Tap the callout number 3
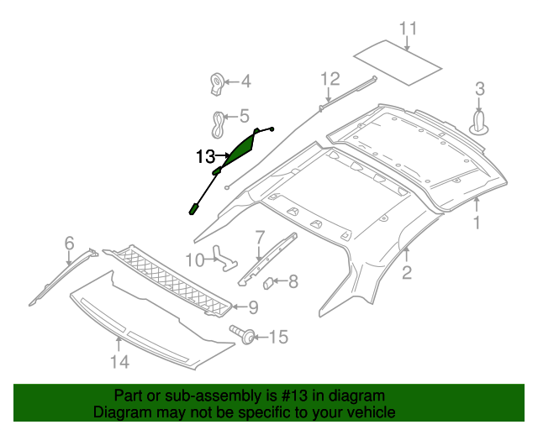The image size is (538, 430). coord(480,87)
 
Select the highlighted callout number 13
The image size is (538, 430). coord(205,156)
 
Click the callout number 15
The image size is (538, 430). coord(277,337)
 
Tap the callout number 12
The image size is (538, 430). coord(329,79)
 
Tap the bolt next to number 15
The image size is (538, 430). coord(245,336)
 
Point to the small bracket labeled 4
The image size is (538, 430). coord(217,83)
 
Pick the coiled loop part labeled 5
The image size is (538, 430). coord(219,125)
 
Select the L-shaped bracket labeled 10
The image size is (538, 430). coord(224,256)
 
